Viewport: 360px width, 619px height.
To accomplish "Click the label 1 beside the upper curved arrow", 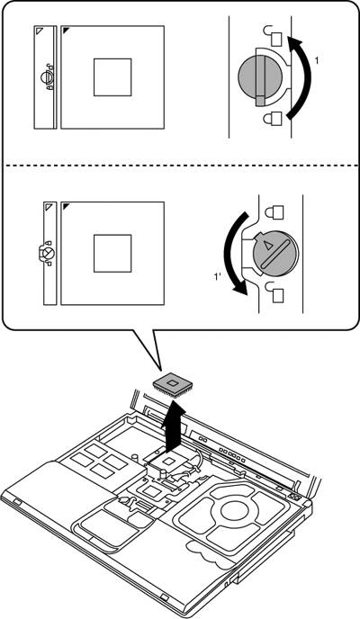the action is click(317, 60).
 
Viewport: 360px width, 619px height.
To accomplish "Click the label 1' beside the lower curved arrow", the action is click(218, 277).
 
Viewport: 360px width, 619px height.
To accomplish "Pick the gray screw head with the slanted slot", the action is click(275, 254).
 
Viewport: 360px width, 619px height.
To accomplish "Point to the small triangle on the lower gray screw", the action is click(268, 246).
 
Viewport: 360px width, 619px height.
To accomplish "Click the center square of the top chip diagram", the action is click(112, 77).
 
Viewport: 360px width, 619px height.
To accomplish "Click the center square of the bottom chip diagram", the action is click(112, 253).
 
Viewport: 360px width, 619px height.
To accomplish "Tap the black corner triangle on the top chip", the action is click(66, 31).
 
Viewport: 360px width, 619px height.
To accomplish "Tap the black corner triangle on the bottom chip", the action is click(66, 206).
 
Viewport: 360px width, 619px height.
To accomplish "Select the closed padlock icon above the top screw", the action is click(274, 36).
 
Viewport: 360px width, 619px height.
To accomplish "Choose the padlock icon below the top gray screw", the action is click(274, 119).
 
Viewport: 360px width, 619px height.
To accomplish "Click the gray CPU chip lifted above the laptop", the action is click(173, 383).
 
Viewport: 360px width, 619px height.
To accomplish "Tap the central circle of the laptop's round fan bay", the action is click(235, 511).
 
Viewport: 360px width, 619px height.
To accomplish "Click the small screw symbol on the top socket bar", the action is click(47, 77).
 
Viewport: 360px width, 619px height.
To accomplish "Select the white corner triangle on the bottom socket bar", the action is click(49, 206).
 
